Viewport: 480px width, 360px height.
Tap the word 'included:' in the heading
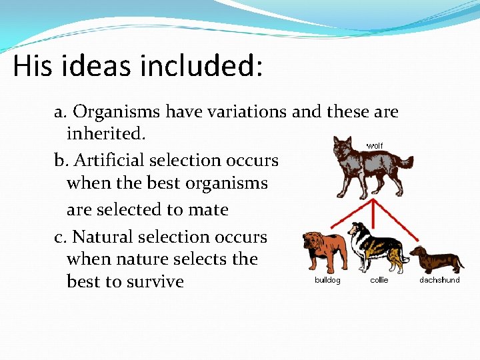pos(212,67)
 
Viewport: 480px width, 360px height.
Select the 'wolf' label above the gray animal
pos(375,145)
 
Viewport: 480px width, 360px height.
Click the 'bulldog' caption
pos(327,281)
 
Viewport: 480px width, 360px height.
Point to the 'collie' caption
pos(379,281)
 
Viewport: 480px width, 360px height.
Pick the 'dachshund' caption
pos(439,281)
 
